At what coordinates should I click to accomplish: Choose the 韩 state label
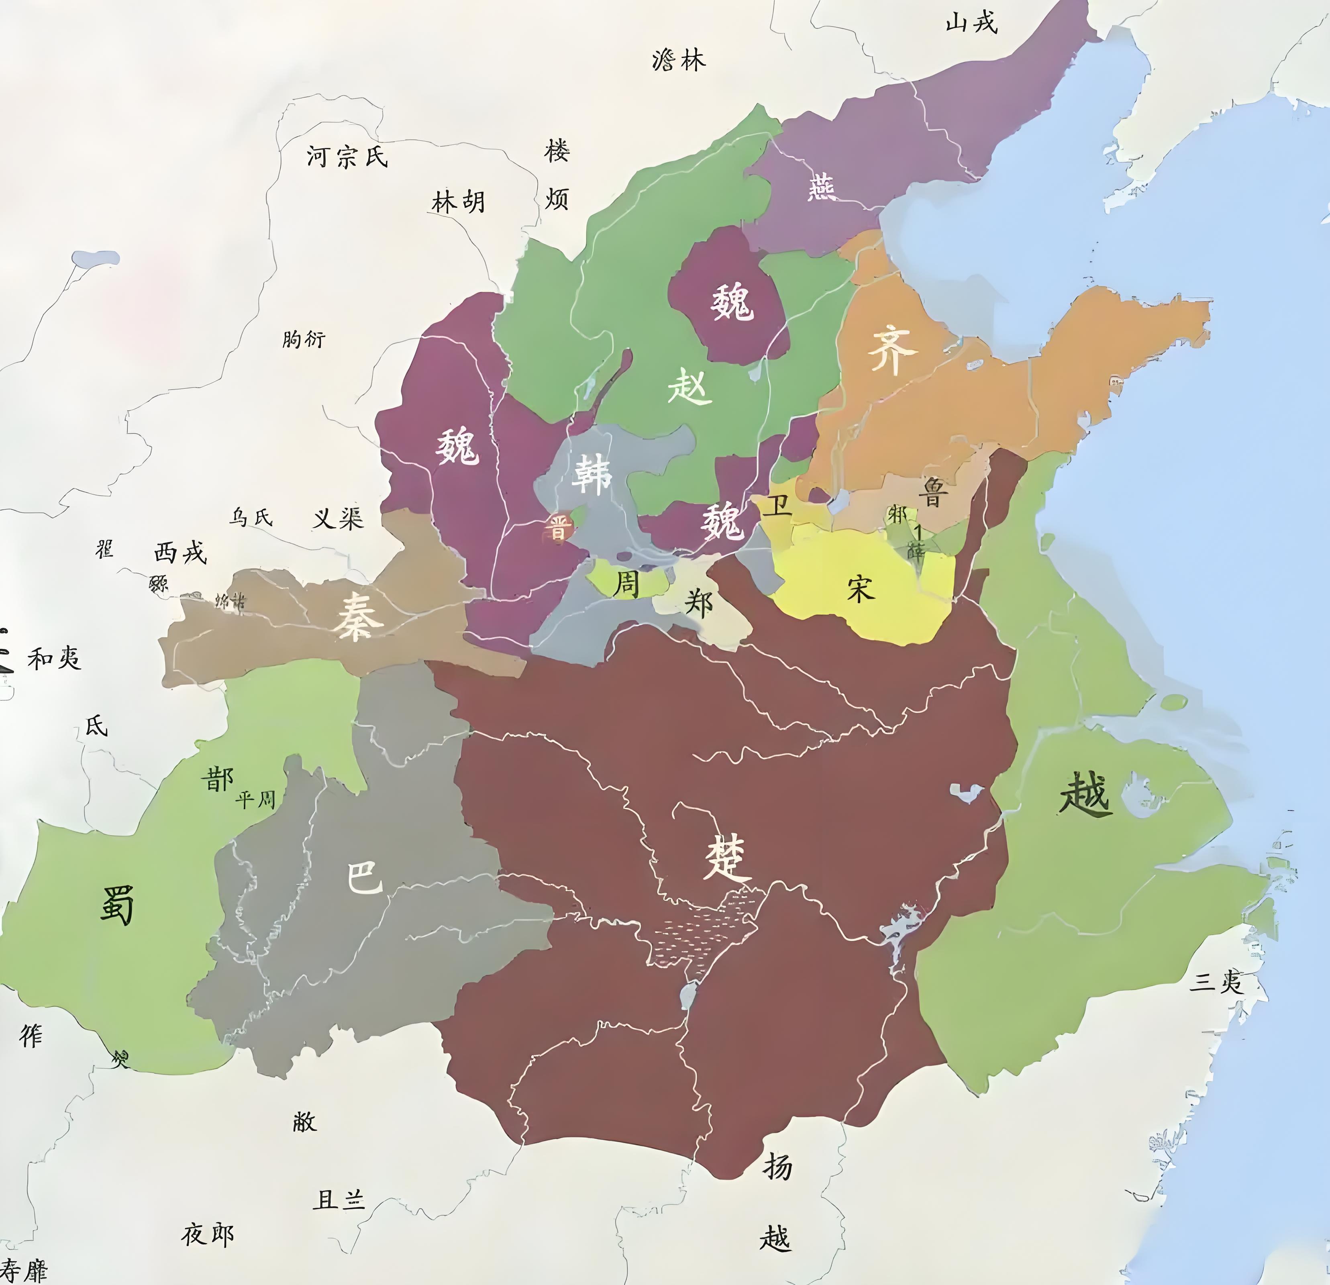pos(592,473)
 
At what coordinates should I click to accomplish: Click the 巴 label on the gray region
pos(364,878)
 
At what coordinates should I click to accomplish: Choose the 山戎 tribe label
pos(972,22)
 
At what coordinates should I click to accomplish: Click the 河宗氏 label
pos(347,157)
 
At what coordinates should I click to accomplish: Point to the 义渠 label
pos(338,518)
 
